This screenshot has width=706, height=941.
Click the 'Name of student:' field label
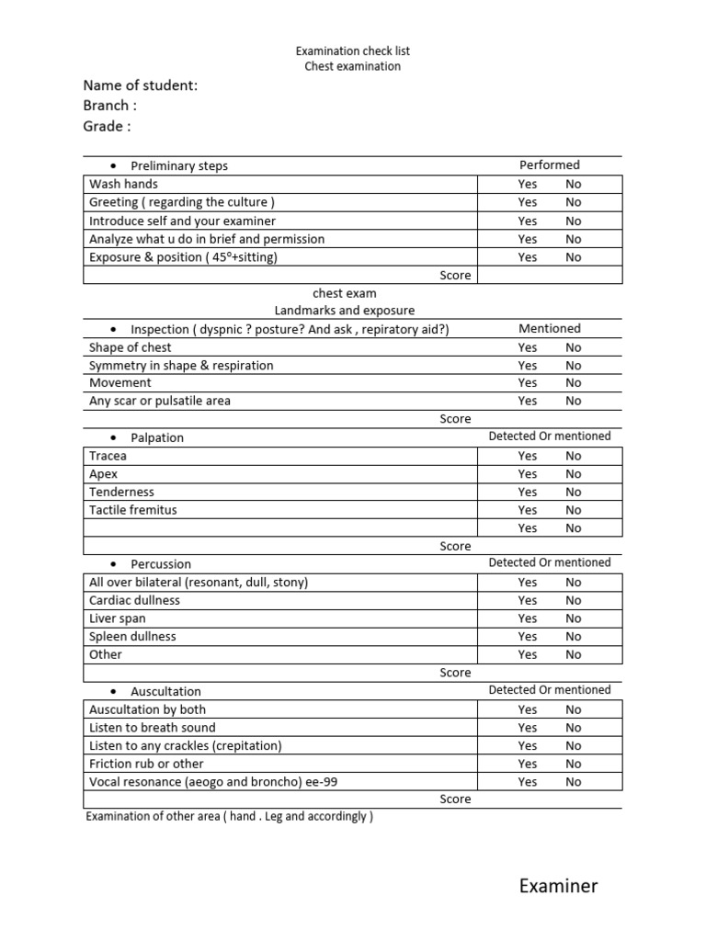click(x=141, y=85)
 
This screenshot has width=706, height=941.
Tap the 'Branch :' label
click(x=109, y=106)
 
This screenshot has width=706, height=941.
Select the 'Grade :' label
click(x=107, y=126)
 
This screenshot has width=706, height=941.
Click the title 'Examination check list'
click(x=352, y=51)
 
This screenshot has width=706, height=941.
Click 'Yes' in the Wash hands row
click(x=528, y=184)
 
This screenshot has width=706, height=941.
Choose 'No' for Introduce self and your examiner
click(x=574, y=221)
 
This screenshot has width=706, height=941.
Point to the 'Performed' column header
click(x=550, y=165)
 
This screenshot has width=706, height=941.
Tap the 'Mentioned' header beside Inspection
click(x=550, y=328)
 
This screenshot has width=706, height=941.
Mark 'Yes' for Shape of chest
click(x=528, y=347)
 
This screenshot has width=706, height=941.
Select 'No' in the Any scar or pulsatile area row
click(x=574, y=401)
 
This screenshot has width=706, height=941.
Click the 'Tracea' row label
click(x=108, y=456)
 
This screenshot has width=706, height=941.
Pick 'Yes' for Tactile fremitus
click(x=528, y=510)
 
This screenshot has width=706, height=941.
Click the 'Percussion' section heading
click(x=161, y=564)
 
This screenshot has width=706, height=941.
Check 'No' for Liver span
click(x=574, y=618)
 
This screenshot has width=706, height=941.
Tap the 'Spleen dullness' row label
click(x=132, y=636)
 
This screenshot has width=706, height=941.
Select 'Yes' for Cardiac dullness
click(x=528, y=600)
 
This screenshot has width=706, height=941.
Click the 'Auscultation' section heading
click(x=165, y=691)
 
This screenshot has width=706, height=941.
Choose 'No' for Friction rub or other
click(x=574, y=764)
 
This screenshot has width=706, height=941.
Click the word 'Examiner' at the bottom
click(x=558, y=886)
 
